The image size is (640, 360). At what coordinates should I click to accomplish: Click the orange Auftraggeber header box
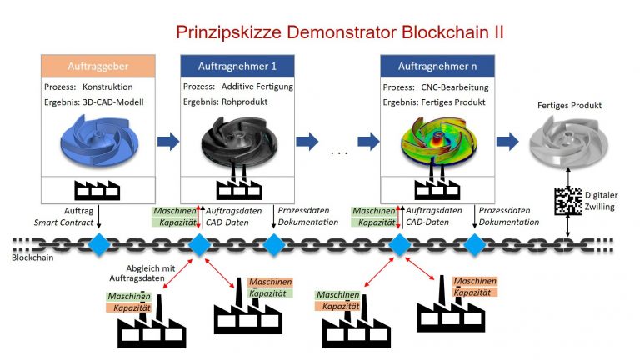98,64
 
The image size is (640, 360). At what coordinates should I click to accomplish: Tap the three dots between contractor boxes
339,153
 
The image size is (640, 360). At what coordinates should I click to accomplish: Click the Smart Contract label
62,222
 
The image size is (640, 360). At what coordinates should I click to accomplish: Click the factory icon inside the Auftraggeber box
98,187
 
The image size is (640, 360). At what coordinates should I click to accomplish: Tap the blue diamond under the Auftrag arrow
99,244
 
